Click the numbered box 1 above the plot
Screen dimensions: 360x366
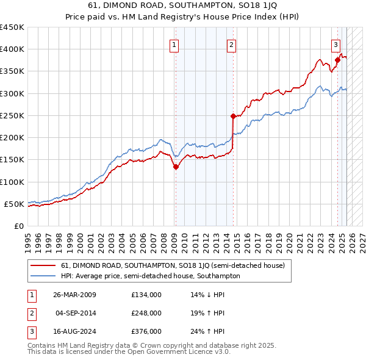[174, 44]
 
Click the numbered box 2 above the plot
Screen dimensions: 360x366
[232, 44]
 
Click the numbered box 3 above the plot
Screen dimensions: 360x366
[335, 44]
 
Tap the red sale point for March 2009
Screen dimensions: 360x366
[176, 167]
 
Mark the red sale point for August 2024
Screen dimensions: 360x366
[337, 60]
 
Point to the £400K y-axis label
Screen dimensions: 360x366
[12, 49]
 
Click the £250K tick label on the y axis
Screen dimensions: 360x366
[12, 115]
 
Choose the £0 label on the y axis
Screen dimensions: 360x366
[18, 226]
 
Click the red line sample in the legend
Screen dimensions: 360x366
[42, 265]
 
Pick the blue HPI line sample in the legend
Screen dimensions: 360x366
[42, 276]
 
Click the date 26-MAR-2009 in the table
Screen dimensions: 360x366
[75, 295]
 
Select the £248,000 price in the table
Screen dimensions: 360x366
[146, 313]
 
